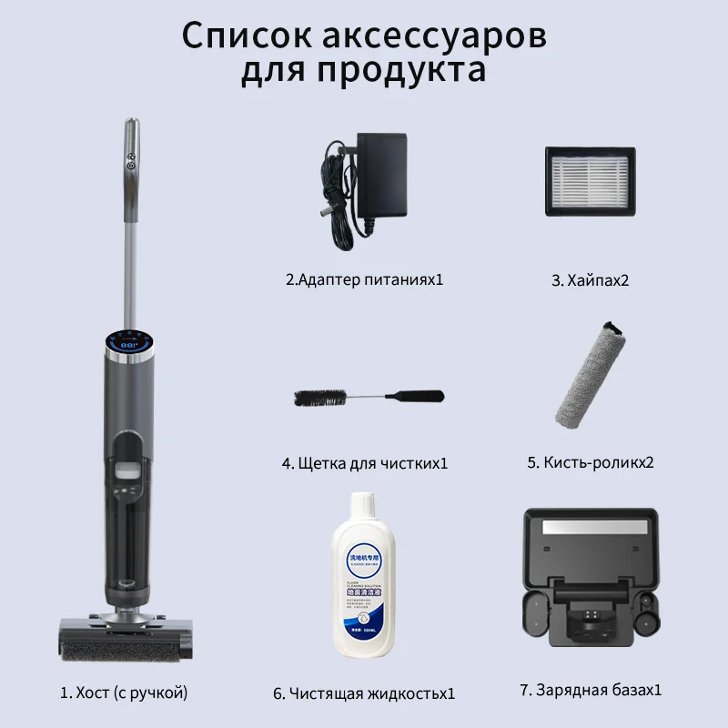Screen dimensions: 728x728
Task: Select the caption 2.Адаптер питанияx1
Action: point(364,279)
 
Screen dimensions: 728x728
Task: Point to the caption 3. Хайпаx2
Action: point(590,280)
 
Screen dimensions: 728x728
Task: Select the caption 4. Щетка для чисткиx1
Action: point(364,463)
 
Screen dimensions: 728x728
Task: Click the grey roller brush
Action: point(591,373)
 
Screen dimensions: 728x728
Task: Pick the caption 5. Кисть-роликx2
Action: point(591,462)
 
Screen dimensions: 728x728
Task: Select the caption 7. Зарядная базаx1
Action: point(591,690)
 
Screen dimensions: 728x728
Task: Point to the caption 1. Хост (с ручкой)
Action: point(124,693)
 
